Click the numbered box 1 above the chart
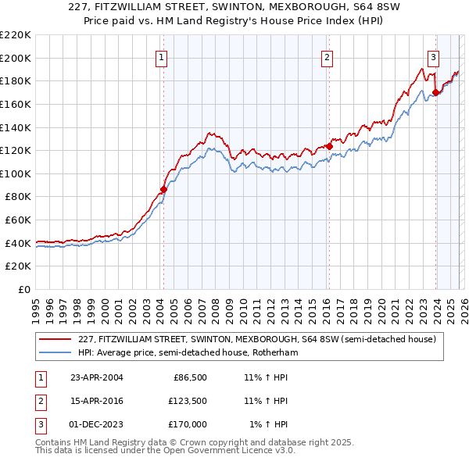[x=161, y=56]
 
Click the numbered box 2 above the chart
[x=326, y=56]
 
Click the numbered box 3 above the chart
[x=432, y=56]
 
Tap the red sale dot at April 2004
[x=163, y=189]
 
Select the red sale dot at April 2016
[x=329, y=146]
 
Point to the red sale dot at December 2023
[x=435, y=92]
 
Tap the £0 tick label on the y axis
[x=23, y=290]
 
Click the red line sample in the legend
[x=55, y=339]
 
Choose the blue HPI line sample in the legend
[x=55, y=352]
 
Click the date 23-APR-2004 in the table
[x=97, y=377]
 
